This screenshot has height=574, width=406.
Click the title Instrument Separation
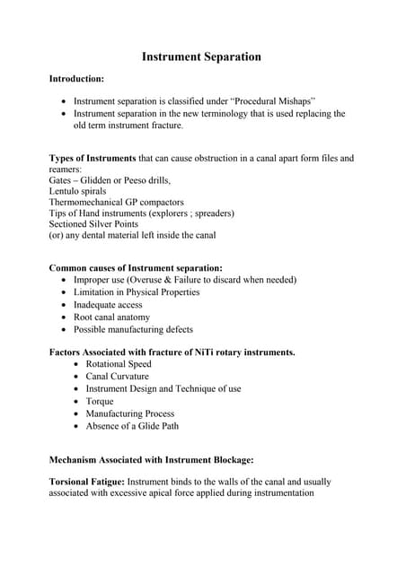point(202,57)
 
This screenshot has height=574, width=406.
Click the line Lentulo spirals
point(77,191)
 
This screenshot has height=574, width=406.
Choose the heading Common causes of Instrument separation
point(136,268)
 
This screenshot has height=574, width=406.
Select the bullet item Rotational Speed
point(119,364)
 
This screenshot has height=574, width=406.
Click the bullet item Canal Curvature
point(118,377)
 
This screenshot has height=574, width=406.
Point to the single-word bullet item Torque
point(100,402)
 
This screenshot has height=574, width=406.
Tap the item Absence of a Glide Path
point(132,426)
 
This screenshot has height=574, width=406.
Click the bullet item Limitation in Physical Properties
point(137,292)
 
